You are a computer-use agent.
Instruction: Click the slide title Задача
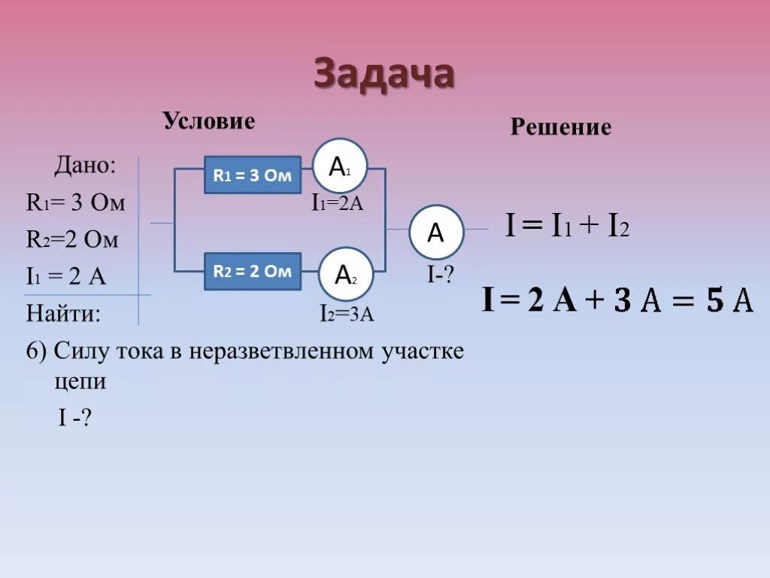pos(383,75)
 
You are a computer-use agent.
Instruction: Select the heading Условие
pos(209,120)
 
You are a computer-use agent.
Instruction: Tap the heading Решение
pos(560,126)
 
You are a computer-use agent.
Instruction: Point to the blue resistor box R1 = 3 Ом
pos(253,175)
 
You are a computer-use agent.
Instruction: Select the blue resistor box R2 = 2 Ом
pos(253,272)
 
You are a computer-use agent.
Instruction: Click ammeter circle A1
pos(340,166)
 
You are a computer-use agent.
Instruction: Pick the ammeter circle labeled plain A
pos(436,233)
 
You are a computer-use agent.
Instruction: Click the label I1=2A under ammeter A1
pos(338,203)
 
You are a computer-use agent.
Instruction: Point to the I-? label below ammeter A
pos(441,275)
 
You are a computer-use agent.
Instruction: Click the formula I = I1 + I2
pos(566,226)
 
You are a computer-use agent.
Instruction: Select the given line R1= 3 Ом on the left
pos(75,202)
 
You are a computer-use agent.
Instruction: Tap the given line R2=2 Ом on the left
pos(72,239)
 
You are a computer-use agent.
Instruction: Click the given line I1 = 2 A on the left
pos(66,276)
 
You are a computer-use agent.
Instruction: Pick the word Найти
pos(63,312)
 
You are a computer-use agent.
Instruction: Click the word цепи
pos(80,381)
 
